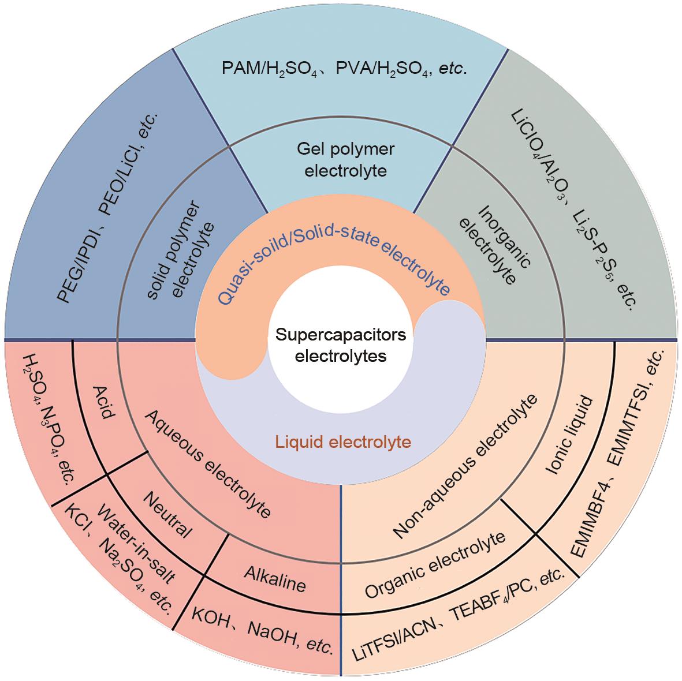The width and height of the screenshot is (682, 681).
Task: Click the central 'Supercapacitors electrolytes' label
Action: click(341, 345)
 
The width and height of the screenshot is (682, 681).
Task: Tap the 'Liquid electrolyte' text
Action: click(343, 443)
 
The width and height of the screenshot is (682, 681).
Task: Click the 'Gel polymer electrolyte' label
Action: click(345, 160)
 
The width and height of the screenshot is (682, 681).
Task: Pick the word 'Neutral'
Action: click(167, 514)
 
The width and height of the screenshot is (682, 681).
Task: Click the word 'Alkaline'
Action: click(274, 578)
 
